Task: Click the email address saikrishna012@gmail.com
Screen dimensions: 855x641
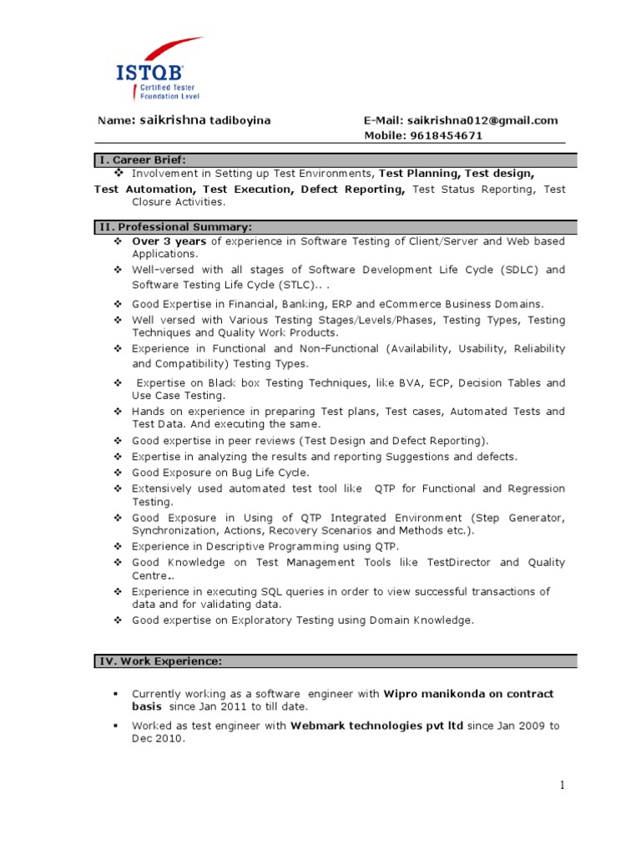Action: click(x=481, y=120)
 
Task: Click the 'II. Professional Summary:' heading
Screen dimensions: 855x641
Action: click(x=174, y=226)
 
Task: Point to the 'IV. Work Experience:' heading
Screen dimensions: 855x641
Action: click(x=160, y=661)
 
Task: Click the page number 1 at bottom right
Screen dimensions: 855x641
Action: click(x=562, y=785)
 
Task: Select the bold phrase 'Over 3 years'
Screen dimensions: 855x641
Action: click(x=169, y=241)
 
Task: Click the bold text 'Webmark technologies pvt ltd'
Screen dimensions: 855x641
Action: click(x=376, y=726)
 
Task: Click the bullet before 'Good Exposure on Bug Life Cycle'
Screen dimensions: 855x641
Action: click(x=119, y=473)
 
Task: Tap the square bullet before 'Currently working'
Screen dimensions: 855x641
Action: click(x=118, y=695)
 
